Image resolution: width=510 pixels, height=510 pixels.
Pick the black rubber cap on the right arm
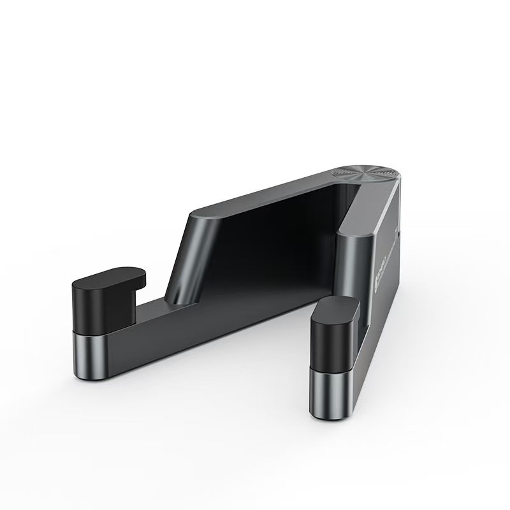tap(333, 335)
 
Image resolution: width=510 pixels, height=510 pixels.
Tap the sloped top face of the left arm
tap(255, 191)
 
